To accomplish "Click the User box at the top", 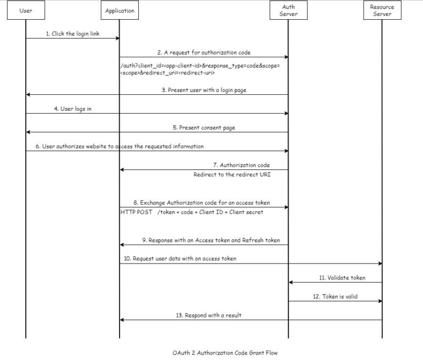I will tap(25, 10).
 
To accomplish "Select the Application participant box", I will tap(119, 10).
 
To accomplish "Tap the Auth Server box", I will tap(288, 10).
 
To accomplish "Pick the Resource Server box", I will tap(382, 10).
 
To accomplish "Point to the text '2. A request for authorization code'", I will tap(203, 52).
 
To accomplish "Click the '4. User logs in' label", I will tap(73, 109).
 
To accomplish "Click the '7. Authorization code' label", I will tap(244, 165).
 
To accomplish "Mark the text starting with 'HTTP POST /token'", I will tap(192, 212).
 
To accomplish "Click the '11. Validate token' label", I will tap(342, 278).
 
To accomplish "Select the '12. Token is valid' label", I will tap(335, 297).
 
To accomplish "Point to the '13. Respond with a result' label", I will tap(209, 315).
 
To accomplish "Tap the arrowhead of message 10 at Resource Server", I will tap(379, 264).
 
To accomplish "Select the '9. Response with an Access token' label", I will tap(210, 240).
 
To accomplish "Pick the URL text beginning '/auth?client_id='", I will tap(200, 69).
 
